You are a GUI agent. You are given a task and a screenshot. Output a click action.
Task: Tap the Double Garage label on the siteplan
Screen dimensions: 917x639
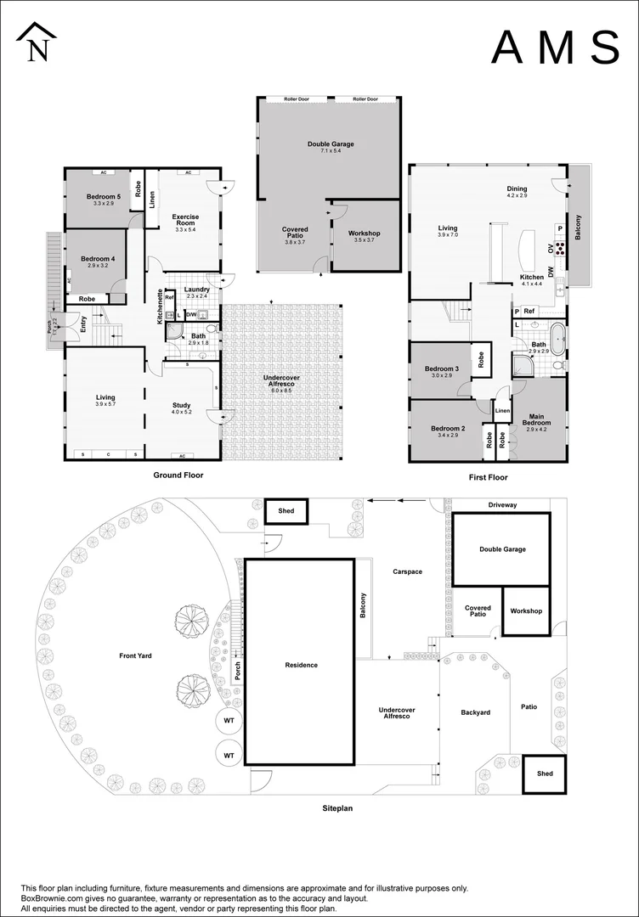(x=502, y=549)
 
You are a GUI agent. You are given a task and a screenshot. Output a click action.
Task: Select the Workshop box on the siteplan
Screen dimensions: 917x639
(x=526, y=611)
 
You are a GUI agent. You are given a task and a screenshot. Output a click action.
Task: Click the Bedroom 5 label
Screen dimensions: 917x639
(x=104, y=197)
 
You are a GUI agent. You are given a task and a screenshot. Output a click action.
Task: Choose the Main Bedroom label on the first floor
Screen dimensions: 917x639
(x=538, y=419)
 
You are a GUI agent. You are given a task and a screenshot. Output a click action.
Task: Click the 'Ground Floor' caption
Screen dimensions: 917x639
(x=178, y=476)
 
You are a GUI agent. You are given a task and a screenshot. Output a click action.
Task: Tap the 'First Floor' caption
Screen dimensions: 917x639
(x=489, y=478)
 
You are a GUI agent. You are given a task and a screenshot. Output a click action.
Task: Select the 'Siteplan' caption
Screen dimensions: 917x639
(x=336, y=808)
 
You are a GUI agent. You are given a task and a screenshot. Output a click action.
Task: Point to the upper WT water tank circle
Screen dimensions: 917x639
(x=229, y=721)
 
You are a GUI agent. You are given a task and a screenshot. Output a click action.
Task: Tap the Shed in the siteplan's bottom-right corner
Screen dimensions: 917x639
(x=544, y=774)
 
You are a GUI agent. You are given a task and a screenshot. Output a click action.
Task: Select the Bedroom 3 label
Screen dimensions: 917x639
(x=440, y=368)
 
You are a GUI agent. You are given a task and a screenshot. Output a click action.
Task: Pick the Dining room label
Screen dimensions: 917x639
(x=517, y=189)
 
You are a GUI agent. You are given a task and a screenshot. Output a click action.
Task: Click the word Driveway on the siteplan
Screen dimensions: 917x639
(x=502, y=505)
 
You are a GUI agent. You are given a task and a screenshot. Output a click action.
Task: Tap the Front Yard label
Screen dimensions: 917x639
(x=135, y=655)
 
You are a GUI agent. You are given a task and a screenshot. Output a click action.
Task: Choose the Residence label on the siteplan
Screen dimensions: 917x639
(x=302, y=665)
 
